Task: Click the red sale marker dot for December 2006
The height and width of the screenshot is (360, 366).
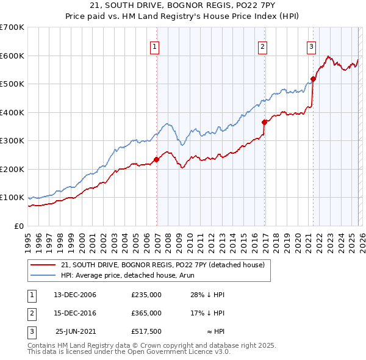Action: (156, 159)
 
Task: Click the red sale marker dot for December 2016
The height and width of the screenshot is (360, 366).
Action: (265, 122)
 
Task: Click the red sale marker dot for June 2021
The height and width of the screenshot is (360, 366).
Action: (313, 79)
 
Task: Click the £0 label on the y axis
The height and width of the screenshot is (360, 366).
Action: (20, 226)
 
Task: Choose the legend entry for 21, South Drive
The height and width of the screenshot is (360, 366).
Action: (162, 265)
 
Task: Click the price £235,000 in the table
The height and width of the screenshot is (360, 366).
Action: (146, 295)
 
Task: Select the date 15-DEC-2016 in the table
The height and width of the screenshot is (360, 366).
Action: (75, 313)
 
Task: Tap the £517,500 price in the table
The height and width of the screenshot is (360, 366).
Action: (146, 331)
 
